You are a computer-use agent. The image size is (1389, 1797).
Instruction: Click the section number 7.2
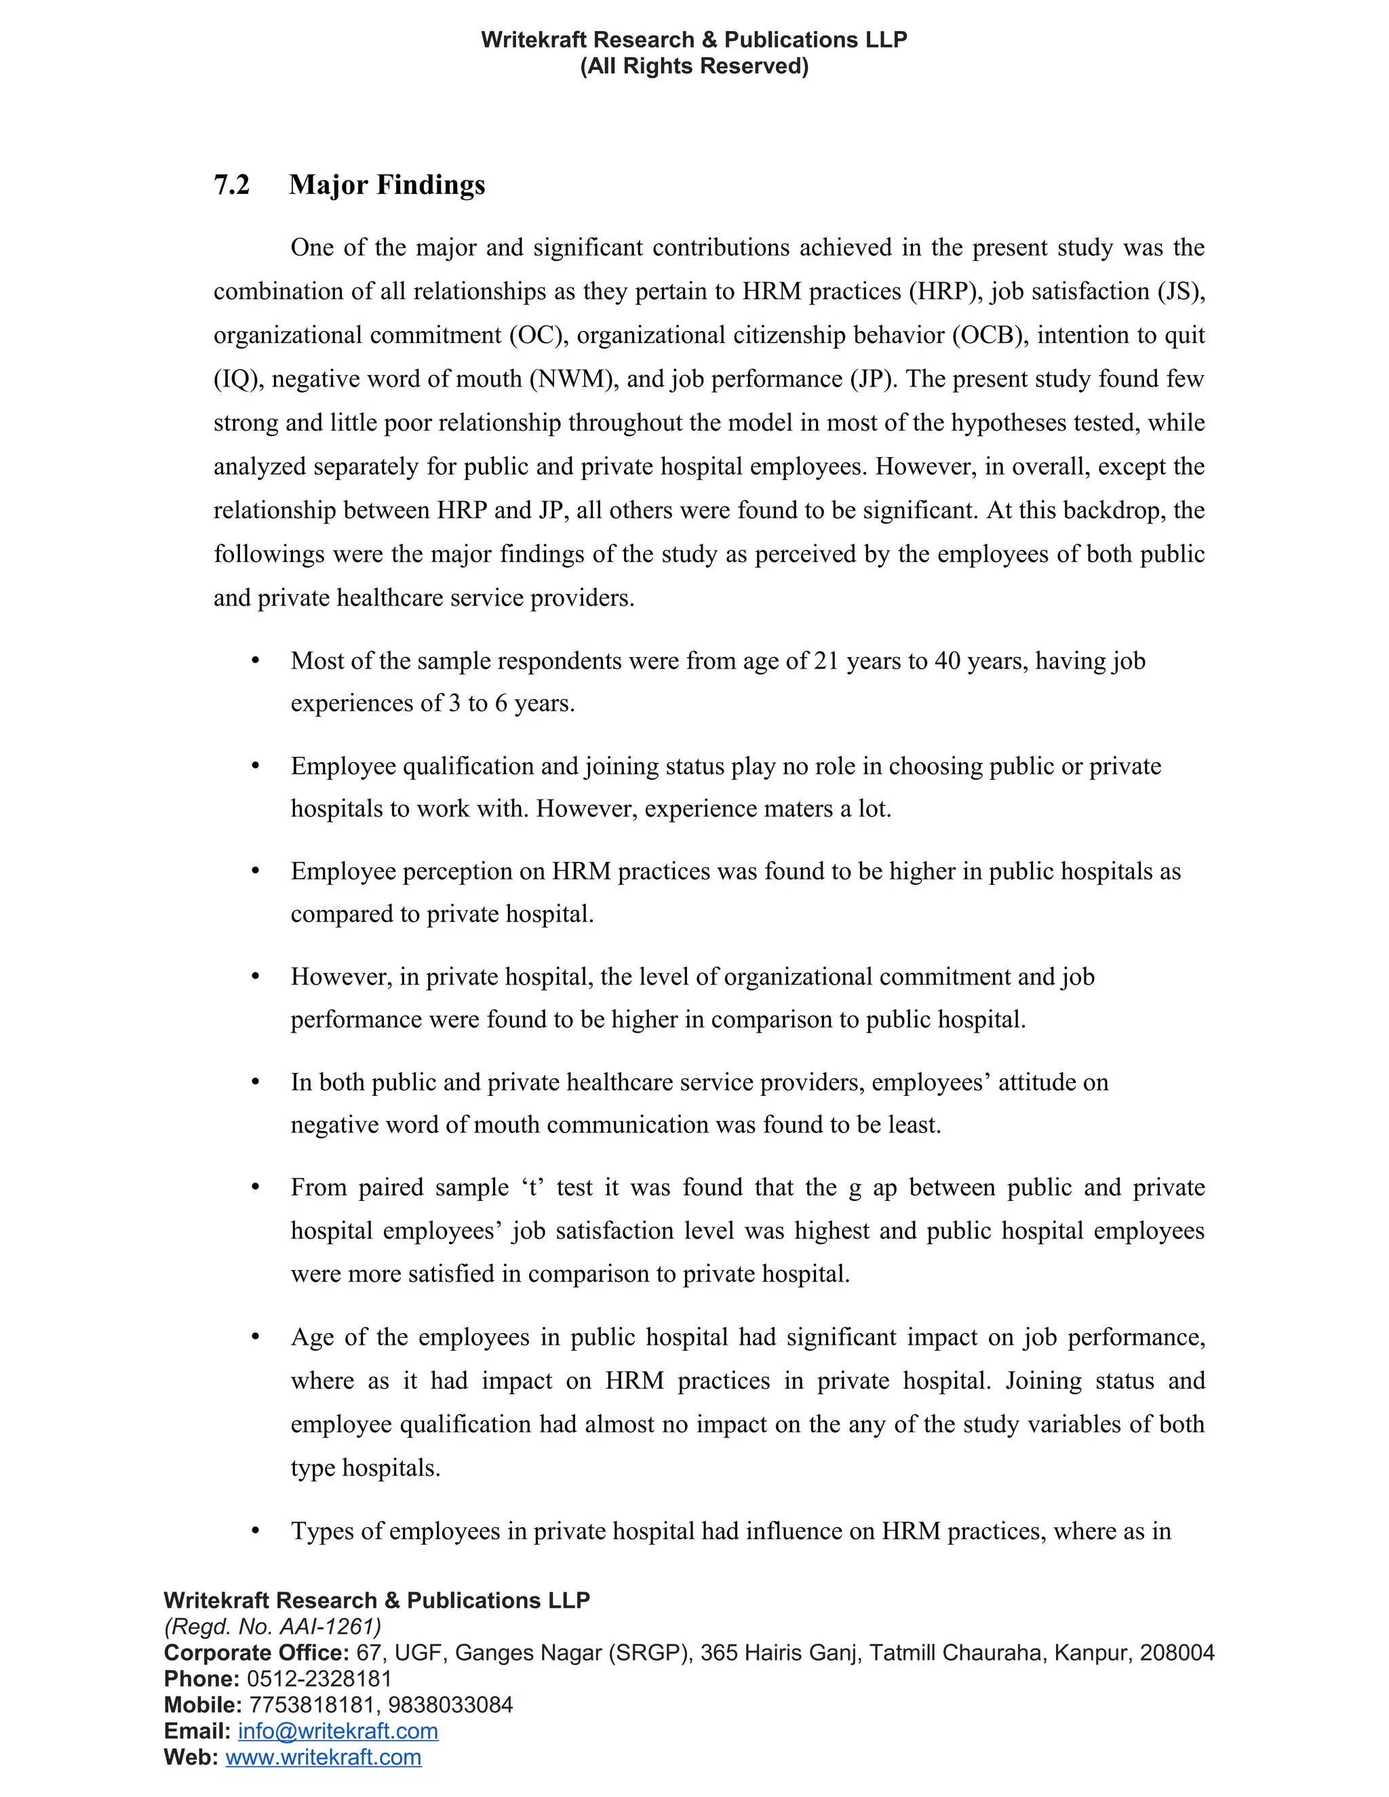click(231, 185)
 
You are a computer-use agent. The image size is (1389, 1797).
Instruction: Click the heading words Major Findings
click(387, 185)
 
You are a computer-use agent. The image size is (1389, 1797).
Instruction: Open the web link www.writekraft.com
click(324, 1758)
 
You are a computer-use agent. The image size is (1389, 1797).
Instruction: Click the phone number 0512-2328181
click(319, 1678)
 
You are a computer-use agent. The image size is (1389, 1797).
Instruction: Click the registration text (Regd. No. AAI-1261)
click(273, 1627)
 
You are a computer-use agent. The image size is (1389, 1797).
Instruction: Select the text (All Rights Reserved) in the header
click(694, 66)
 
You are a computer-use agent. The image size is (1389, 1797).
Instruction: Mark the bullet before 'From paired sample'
click(256, 1188)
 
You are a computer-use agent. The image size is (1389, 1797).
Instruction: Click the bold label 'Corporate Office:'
click(256, 1653)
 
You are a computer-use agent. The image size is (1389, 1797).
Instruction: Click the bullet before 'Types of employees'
click(256, 1531)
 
